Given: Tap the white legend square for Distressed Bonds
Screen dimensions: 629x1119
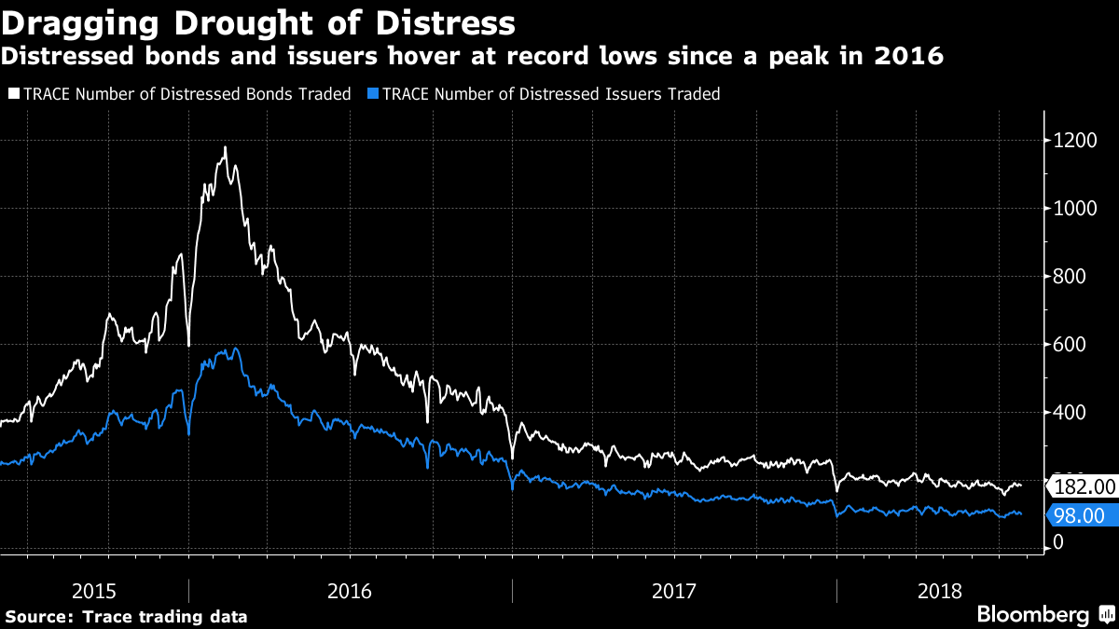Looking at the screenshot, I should (x=12, y=94).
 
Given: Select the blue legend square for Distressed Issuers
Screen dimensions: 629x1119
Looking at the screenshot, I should (x=373, y=94).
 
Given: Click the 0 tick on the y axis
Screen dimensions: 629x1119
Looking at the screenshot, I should (x=1057, y=542).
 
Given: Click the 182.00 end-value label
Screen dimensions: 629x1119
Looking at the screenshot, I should (x=1084, y=485).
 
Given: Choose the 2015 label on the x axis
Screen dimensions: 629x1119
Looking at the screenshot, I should (x=94, y=591).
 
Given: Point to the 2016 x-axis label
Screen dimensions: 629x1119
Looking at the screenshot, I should (x=351, y=591).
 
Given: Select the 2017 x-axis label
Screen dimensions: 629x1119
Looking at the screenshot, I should (x=674, y=591).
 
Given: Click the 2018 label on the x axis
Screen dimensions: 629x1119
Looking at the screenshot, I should (x=941, y=591).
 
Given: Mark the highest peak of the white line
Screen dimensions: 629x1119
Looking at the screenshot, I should (x=225, y=146).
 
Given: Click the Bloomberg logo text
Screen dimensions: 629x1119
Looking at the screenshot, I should (x=1032, y=614).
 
